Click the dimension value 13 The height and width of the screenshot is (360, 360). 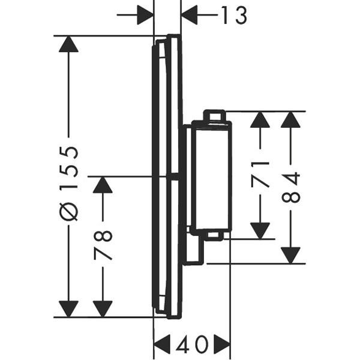233,16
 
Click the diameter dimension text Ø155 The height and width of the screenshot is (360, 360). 70,182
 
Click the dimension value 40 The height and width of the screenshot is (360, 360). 192,344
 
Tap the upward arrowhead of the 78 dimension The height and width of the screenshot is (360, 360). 103,186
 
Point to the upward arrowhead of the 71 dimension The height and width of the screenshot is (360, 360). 260,121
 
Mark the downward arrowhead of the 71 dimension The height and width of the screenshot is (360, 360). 260,229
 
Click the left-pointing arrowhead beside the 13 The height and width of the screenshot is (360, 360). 191,16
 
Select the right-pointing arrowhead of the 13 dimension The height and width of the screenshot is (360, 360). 145,16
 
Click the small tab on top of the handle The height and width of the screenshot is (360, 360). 214,115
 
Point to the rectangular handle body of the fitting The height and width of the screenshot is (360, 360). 210,177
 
